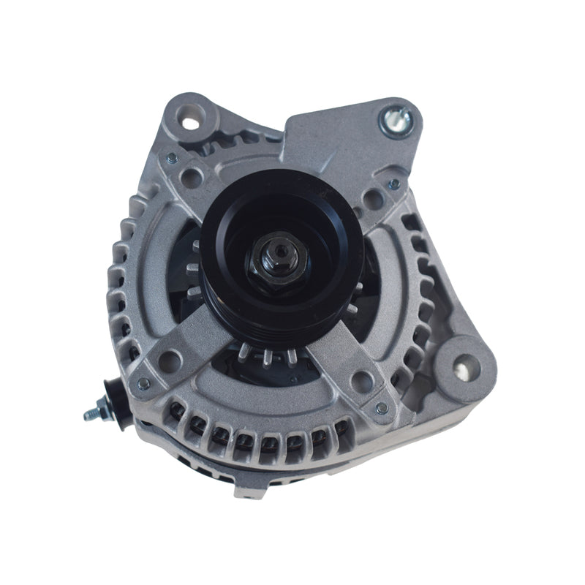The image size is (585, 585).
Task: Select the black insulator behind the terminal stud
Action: click(111, 401)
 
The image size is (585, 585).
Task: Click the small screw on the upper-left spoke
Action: click(171, 156)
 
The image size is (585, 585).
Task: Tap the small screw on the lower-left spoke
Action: click(144, 382)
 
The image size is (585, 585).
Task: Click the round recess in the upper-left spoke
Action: click(195, 176)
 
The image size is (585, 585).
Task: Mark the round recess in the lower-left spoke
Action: click(170, 358)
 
